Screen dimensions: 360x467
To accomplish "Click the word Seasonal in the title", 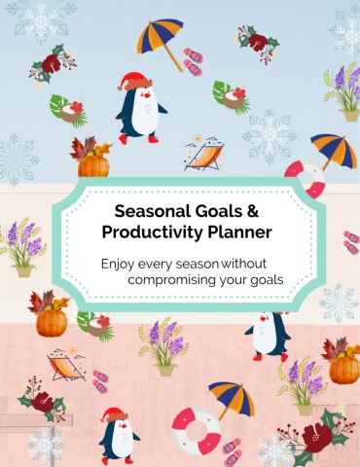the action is pos(152,211).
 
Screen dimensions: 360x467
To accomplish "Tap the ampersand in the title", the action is pos(252,211).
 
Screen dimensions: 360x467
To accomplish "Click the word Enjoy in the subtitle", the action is pos(118,265).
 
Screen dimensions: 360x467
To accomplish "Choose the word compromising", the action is pos(172,280).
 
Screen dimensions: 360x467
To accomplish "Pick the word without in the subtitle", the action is pos(243,264).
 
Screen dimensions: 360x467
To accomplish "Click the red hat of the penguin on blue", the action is pos(134,81).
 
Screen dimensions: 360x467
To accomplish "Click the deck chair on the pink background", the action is pos(66,365).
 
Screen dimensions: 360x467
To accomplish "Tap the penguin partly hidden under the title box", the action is pos(268,336).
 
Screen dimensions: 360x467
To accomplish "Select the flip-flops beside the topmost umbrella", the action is pos(193,61).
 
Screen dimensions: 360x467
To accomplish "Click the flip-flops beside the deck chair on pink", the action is pos(100,380).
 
